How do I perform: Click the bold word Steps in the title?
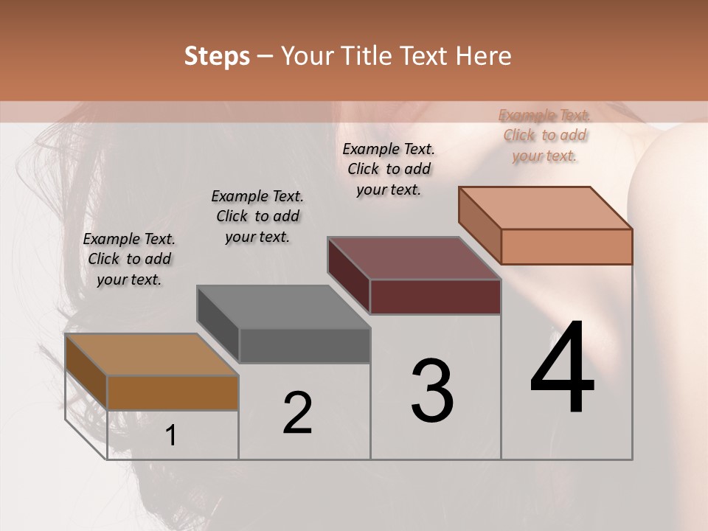(217, 56)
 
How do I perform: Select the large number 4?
(562, 369)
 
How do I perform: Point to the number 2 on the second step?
(297, 413)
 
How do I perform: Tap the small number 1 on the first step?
(171, 436)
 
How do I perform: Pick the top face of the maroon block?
(414, 258)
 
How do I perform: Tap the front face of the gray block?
(305, 346)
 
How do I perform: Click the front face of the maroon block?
(435, 296)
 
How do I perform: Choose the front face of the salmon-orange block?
(566, 246)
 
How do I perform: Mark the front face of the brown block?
(173, 392)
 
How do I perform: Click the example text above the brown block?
(129, 259)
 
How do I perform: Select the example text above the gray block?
(257, 216)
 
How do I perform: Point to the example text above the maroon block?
(389, 169)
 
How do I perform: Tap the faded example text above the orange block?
(544, 135)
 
